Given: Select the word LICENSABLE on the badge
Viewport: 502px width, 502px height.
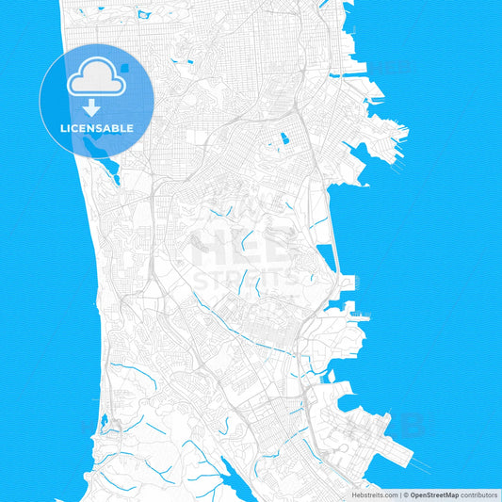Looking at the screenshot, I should (x=97, y=128).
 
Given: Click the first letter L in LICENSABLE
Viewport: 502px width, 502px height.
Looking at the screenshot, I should (x=62, y=128).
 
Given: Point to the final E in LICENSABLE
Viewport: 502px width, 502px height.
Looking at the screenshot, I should (x=130, y=128).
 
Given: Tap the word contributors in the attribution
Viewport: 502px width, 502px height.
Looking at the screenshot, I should (x=479, y=494).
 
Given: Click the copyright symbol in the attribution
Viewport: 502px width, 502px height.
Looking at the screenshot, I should (x=406, y=494).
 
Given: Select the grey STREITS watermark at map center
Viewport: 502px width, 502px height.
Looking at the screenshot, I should (x=247, y=279).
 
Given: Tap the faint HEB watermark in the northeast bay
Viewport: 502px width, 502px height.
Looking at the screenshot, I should (x=390, y=67).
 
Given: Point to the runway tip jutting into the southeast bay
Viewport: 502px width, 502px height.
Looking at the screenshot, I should (x=413, y=465).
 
